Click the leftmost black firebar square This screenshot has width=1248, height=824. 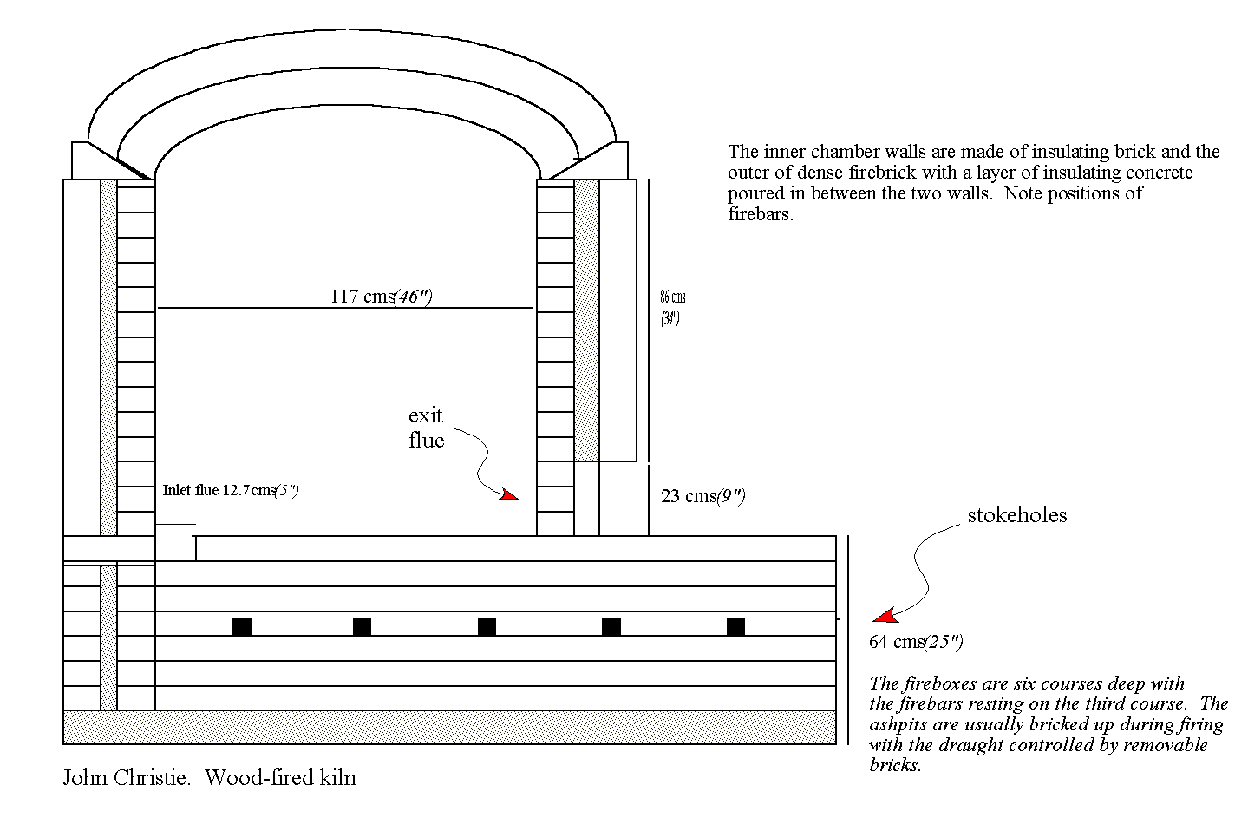(x=242, y=627)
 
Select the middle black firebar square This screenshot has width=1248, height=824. (x=487, y=627)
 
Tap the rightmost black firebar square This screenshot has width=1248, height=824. (x=735, y=627)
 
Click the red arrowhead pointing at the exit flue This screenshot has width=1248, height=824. (x=509, y=494)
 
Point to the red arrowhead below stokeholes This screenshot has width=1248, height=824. (x=885, y=615)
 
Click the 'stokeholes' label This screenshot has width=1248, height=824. (x=1016, y=515)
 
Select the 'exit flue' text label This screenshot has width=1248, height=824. (x=426, y=428)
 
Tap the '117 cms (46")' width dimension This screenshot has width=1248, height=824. (x=382, y=296)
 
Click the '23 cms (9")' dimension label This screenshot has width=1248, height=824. (x=703, y=496)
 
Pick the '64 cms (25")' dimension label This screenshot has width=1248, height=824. (x=916, y=642)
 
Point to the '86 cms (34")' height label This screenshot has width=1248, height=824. (x=672, y=308)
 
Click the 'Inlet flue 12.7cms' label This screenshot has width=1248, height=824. (x=231, y=490)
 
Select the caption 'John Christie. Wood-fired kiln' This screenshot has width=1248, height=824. (x=210, y=777)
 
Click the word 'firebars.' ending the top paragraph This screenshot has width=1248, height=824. (x=761, y=214)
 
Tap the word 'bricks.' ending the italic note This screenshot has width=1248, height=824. (x=895, y=765)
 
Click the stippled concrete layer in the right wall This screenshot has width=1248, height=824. (x=586, y=320)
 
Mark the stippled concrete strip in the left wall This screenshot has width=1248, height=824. (x=108, y=357)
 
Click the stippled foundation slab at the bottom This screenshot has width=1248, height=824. (x=449, y=727)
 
